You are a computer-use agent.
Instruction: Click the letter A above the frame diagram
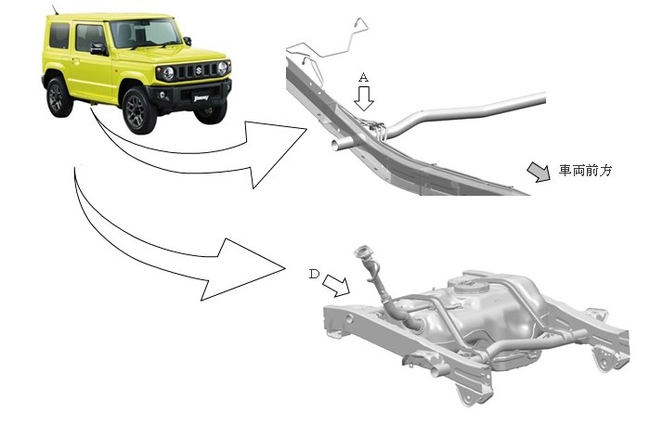[x=363, y=77]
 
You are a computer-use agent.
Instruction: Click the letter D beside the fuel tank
[x=314, y=274]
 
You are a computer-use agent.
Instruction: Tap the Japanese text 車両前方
[x=585, y=170]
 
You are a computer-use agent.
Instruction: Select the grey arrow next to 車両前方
[x=539, y=172]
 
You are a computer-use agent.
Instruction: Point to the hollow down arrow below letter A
[x=364, y=98]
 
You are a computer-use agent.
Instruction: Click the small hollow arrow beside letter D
[x=336, y=286]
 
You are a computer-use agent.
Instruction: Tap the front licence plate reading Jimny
[x=201, y=98]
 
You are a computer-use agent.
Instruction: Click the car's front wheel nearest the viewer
[x=138, y=110]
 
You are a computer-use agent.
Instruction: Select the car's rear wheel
[x=58, y=97]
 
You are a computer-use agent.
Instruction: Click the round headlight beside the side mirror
[x=168, y=73]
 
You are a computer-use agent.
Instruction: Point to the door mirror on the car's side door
[x=98, y=48]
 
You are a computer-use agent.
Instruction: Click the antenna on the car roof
[x=55, y=9]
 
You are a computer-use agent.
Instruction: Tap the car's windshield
[x=145, y=33]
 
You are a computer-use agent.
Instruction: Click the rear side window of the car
[x=59, y=35]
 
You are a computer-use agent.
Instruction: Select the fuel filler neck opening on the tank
[x=361, y=251]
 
